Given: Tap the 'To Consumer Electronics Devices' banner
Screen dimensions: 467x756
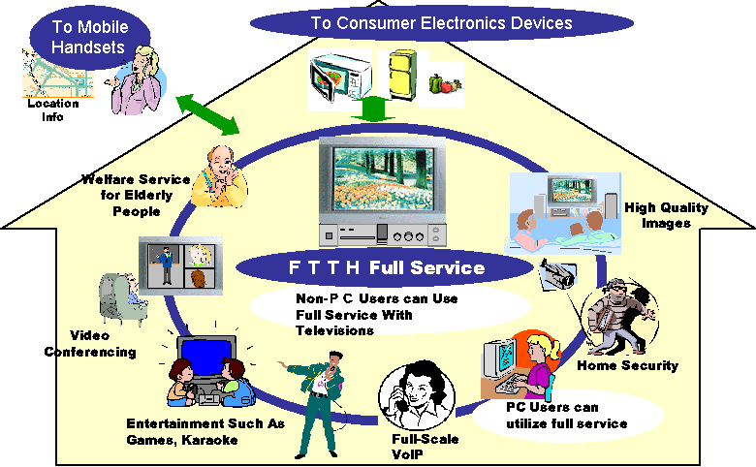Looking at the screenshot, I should [x=440, y=21].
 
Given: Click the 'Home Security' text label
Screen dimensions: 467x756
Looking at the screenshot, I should [x=627, y=366].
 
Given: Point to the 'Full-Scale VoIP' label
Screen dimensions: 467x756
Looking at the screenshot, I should [x=425, y=446].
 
